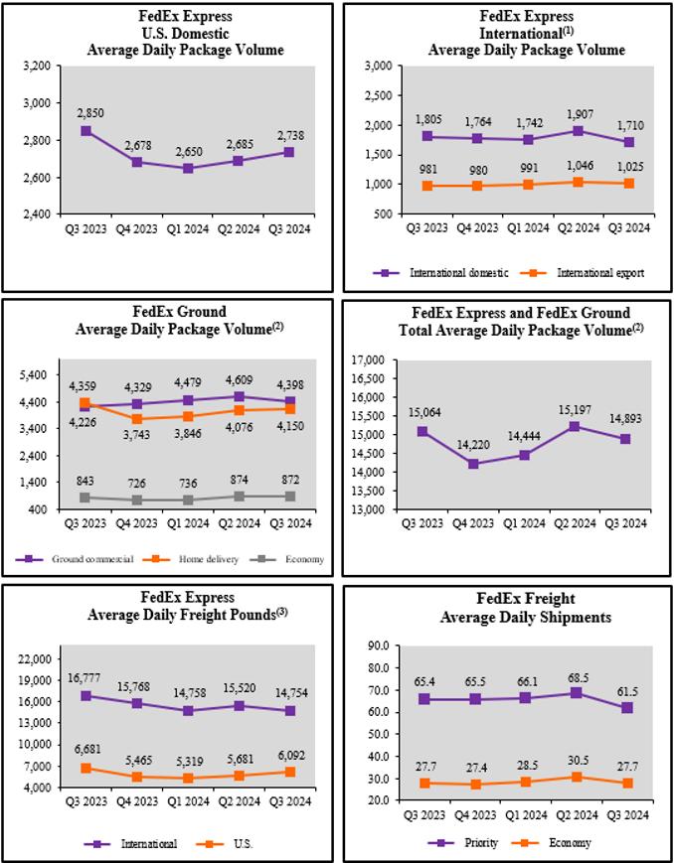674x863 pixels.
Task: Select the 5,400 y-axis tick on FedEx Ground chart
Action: point(33,374)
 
